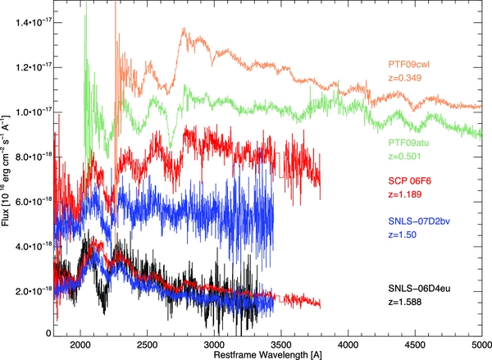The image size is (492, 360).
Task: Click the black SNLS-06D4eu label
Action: [423, 289]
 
